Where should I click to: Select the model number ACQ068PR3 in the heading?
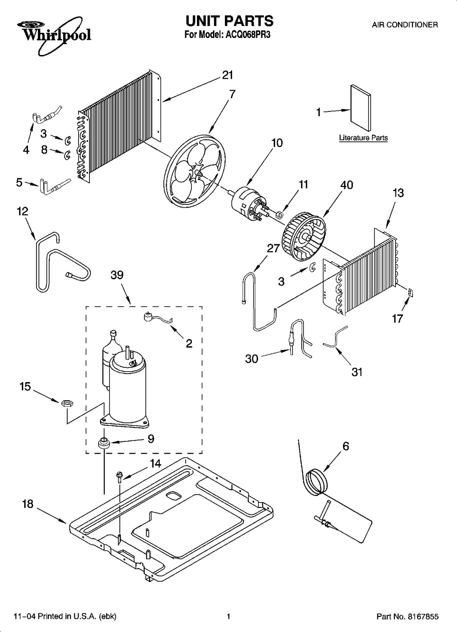click(x=247, y=35)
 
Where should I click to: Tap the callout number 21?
click(x=228, y=75)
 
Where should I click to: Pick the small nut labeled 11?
click(x=280, y=215)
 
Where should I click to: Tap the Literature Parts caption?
click(x=363, y=138)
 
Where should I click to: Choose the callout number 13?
click(x=398, y=193)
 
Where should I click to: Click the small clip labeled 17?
click(x=411, y=293)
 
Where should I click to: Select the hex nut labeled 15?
click(x=67, y=403)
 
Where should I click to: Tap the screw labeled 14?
click(x=119, y=477)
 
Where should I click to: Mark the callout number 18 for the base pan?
click(x=27, y=504)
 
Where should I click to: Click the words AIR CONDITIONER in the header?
click(x=405, y=25)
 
